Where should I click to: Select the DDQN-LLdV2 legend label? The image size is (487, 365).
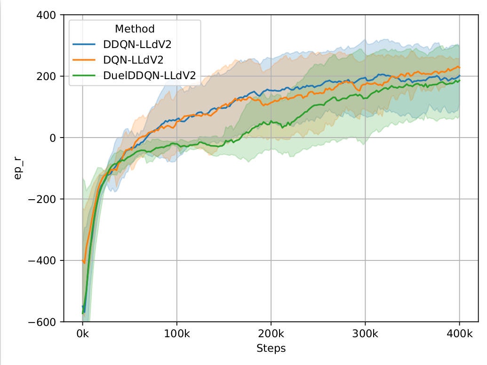137,45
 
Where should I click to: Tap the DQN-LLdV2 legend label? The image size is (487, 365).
134,59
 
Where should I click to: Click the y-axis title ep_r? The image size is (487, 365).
18,168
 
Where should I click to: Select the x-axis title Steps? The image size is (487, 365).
271,349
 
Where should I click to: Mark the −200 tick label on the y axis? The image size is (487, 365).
44,199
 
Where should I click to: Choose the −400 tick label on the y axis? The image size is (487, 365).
44,260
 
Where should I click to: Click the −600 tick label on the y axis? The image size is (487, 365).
44,322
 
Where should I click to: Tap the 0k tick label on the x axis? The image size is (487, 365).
83,334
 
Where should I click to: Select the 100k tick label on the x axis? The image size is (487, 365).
177,334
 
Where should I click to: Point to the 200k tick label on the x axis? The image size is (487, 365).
271,334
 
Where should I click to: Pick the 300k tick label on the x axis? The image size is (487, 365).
365,334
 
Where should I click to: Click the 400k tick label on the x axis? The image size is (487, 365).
459,334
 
